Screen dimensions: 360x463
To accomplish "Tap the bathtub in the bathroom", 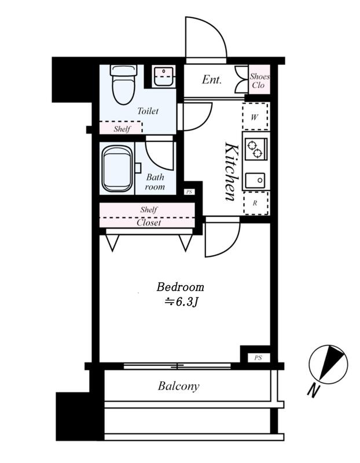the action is (x=117, y=169).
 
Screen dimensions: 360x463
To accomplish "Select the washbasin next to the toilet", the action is (x=163, y=76).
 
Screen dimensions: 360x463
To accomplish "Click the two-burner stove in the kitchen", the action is (x=256, y=149).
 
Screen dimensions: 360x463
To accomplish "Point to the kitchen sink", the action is (x=255, y=181).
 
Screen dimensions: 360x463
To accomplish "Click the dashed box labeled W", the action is (x=255, y=116).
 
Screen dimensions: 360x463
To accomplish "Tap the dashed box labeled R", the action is (x=256, y=203).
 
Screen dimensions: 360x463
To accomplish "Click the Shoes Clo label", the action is (x=259, y=80).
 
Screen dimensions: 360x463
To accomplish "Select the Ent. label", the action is (x=212, y=79).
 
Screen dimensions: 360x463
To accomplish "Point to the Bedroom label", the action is (x=180, y=287).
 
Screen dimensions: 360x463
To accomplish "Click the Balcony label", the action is (x=179, y=386).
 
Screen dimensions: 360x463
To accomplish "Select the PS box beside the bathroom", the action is (x=189, y=192).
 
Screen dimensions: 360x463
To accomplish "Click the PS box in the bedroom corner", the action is (x=258, y=358).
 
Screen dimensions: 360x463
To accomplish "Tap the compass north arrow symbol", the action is (x=328, y=364).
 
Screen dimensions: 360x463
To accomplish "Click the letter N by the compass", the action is (x=313, y=390).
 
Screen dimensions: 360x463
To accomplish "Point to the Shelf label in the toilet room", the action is (x=122, y=129).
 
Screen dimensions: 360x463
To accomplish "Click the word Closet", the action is (x=149, y=223).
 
